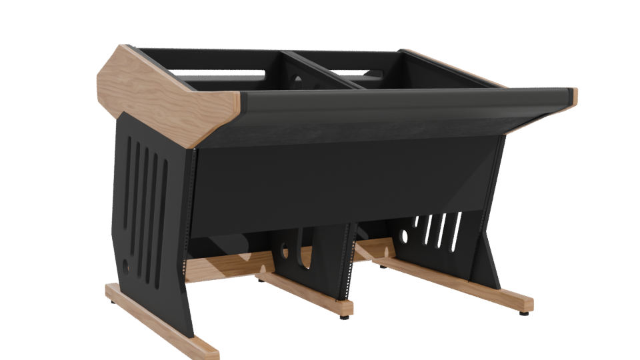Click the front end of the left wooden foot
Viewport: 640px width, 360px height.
point(203,349)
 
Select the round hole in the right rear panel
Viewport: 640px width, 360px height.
point(403,235)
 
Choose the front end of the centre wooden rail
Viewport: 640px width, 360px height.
point(343,307)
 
